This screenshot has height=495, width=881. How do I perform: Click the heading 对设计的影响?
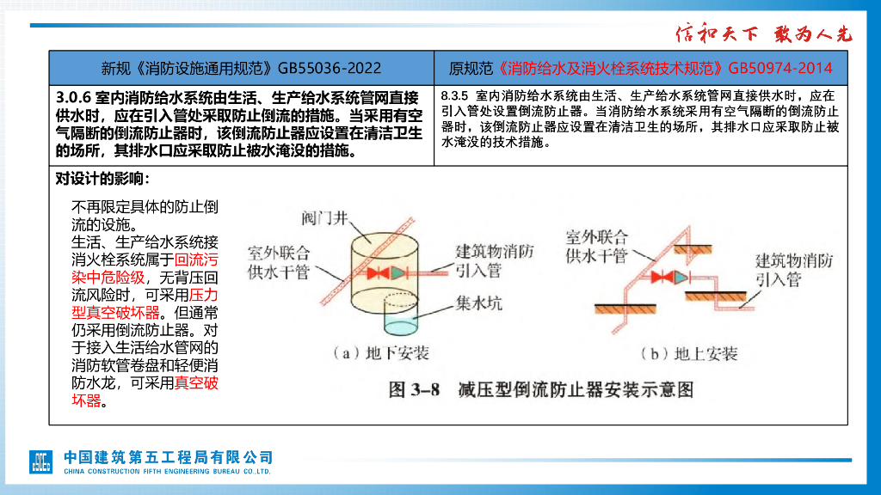click(x=102, y=179)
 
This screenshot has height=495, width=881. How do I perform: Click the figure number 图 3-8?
click(x=414, y=390)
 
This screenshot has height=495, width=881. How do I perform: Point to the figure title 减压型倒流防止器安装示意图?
click(x=575, y=390)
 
